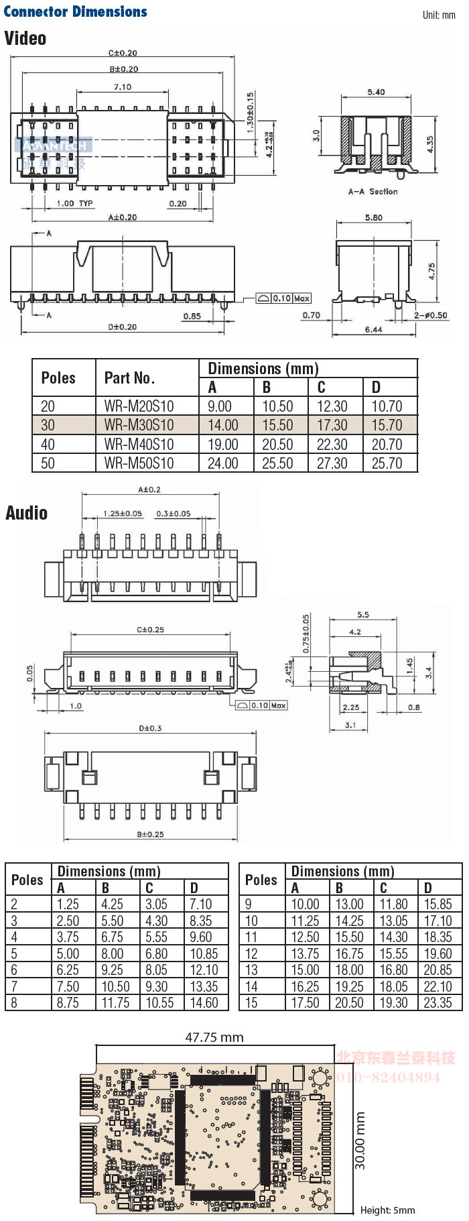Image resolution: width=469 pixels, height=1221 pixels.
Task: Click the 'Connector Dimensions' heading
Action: (75, 11)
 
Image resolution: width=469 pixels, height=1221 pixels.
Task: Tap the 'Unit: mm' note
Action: (439, 15)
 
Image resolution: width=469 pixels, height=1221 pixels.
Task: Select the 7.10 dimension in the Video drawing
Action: (123, 87)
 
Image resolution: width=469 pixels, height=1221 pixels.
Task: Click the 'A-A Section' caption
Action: (373, 192)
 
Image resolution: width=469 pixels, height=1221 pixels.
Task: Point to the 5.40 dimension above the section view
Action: (376, 93)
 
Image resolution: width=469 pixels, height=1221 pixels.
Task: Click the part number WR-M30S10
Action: (139, 425)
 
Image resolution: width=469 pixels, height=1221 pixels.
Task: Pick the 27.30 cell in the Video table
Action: (332, 463)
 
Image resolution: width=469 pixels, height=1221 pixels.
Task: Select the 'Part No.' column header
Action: (129, 378)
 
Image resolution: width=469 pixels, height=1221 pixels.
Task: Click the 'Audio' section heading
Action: (27, 514)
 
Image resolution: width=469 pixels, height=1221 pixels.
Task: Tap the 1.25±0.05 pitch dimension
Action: (123, 514)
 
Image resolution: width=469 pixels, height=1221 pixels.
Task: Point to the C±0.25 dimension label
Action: (150, 630)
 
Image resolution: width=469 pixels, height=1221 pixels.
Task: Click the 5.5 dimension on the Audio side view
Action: (363, 615)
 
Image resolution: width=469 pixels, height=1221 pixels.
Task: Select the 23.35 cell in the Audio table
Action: (438, 1003)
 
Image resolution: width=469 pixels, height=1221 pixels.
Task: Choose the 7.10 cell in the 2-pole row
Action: (201, 905)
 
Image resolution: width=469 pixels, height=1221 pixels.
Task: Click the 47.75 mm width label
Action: (214, 1037)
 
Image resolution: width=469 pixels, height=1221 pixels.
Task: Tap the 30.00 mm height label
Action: (360, 1141)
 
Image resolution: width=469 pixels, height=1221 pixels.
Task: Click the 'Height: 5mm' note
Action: (387, 1210)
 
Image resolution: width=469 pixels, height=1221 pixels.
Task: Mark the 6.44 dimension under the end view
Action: (374, 329)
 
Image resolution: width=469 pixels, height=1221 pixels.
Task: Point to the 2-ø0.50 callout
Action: (430, 315)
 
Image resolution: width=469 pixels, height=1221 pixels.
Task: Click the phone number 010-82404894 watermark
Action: (389, 1078)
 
